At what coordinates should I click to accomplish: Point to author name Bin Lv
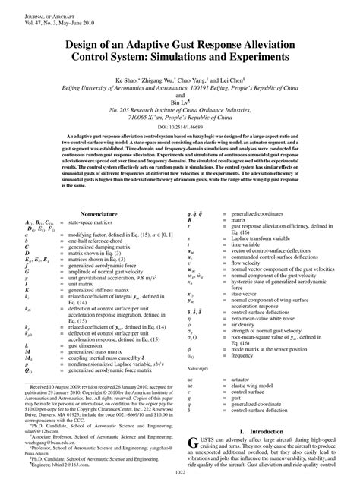point(178,99)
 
